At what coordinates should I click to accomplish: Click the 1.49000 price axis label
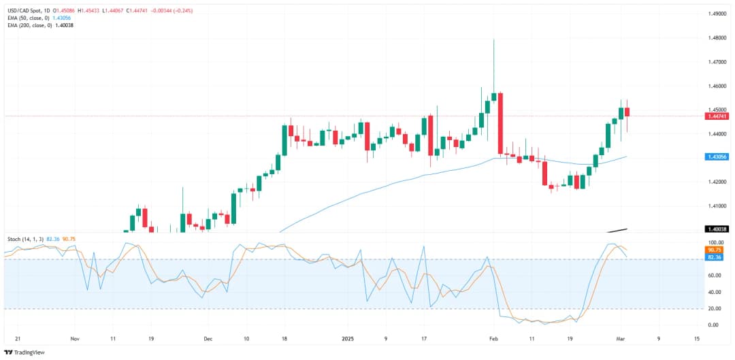point(717,14)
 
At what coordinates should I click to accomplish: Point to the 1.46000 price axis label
point(717,86)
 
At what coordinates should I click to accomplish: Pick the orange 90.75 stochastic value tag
point(715,250)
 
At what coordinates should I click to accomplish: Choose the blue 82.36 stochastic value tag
point(715,257)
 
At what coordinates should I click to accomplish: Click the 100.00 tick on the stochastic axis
point(715,243)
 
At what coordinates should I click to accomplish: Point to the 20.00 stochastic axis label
point(714,308)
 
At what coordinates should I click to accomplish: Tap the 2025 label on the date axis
point(348,338)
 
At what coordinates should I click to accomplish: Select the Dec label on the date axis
point(208,338)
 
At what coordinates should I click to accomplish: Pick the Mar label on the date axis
point(621,338)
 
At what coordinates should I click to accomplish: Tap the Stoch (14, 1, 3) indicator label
point(24,240)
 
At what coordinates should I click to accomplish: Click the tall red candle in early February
point(500,123)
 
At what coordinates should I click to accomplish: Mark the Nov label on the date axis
point(76,338)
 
